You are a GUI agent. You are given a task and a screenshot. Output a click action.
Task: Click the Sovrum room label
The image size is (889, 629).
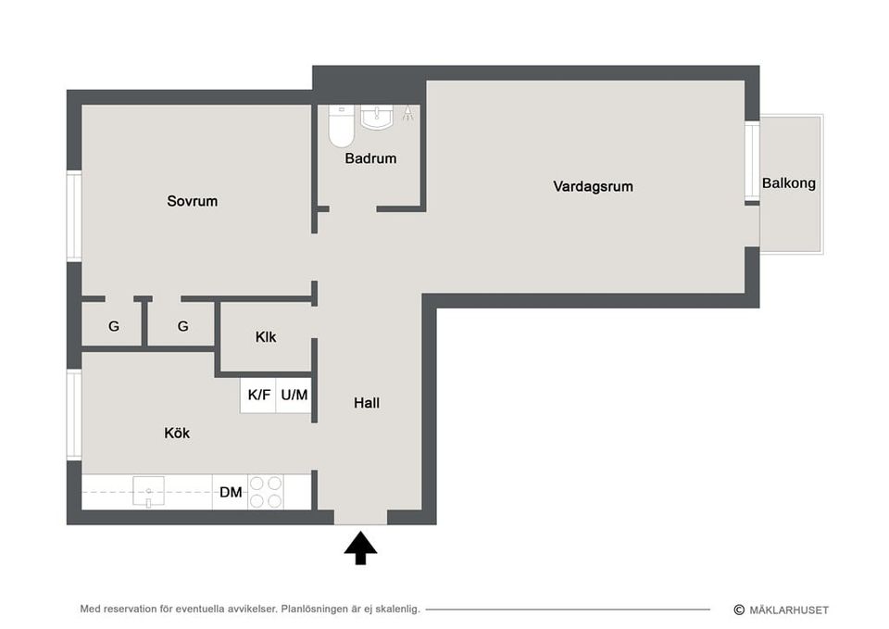click(x=192, y=201)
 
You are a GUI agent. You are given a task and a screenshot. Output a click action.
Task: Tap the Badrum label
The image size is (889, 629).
click(x=370, y=158)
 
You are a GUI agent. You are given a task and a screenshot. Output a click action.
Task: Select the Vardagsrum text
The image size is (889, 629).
click(x=593, y=186)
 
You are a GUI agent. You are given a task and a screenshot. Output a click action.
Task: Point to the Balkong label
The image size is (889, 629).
click(x=789, y=183)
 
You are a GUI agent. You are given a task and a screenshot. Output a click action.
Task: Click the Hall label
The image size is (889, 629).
click(x=367, y=403)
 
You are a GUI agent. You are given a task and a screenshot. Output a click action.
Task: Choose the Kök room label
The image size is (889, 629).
click(x=177, y=433)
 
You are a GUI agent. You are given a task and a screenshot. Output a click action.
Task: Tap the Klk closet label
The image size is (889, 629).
click(x=266, y=337)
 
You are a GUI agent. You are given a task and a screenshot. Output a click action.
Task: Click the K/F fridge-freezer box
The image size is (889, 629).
click(x=258, y=395)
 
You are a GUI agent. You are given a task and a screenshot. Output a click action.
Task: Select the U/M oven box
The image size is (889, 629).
click(x=294, y=395)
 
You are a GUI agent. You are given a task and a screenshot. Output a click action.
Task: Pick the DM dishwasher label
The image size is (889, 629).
click(x=231, y=492)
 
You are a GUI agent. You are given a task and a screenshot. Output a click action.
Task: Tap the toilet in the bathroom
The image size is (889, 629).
click(x=341, y=129)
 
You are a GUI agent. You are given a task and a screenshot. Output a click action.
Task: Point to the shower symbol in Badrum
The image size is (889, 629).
click(x=407, y=115)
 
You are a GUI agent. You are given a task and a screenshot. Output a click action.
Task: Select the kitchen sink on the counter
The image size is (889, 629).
click(x=147, y=489)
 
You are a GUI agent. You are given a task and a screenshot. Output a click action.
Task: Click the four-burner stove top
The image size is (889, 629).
click(x=266, y=492)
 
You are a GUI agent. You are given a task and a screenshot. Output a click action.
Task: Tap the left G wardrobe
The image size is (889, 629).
click(x=114, y=326)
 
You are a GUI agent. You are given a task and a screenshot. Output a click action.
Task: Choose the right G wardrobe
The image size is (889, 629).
click(x=182, y=326)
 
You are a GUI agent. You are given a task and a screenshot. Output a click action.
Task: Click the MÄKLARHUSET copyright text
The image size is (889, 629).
click(x=787, y=610)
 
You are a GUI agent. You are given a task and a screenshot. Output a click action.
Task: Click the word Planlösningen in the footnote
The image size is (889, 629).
click(x=319, y=609)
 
